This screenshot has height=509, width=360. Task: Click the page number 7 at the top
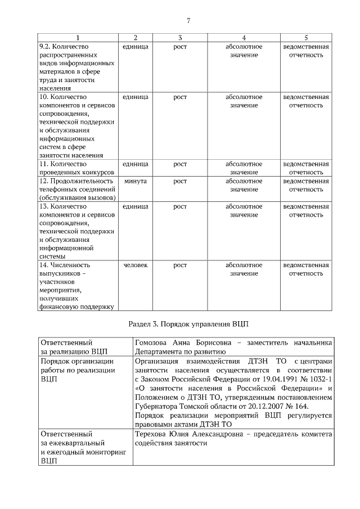pyautogui.click(x=188, y=21)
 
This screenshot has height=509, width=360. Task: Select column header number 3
pyautogui.click(x=179, y=37)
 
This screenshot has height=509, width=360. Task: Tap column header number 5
pyautogui.click(x=305, y=37)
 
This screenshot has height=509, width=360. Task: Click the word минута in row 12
pyautogui.click(x=135, y=181)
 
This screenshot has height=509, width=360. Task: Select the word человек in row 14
pyautogui.click(x=135, y=265)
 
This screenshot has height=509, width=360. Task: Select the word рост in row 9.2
pyautogui.click(x=179, y=46)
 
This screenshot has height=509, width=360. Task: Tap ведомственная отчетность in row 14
pyautogui.click(x=305, y=269)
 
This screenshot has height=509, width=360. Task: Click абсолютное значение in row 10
pyautogui.click(x=244, y=101)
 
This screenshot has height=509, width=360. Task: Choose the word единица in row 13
pyautogui.click(x=135, y=206)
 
